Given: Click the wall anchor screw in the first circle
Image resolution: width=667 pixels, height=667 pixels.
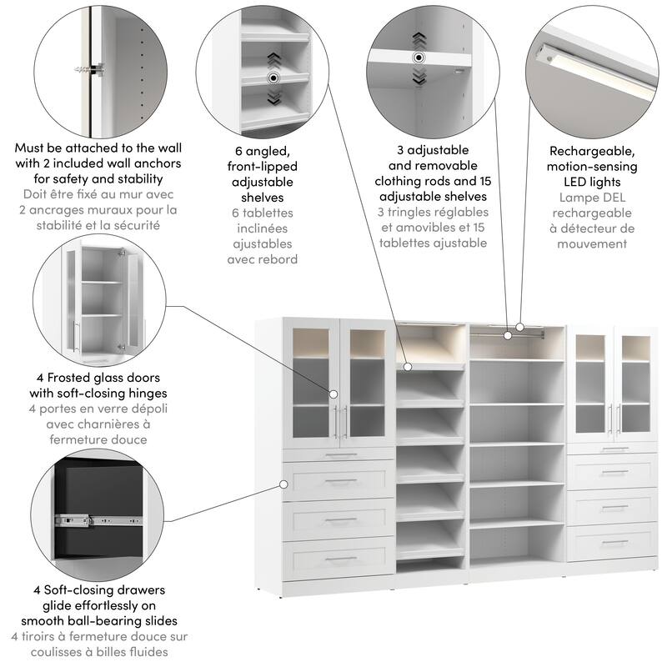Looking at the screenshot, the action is point(90,70).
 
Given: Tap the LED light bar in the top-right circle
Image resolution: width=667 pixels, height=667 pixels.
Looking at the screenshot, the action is point(596,70).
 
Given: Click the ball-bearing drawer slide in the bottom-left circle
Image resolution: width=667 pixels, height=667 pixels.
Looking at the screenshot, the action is point(98,520).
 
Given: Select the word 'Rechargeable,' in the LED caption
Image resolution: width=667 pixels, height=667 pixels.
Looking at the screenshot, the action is point(592,152).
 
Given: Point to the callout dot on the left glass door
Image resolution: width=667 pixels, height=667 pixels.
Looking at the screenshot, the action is point(333,394).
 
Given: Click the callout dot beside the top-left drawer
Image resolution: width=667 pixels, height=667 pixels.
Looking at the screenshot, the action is point(283,484).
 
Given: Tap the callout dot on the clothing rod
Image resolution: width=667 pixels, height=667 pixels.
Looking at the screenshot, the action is point(508,335).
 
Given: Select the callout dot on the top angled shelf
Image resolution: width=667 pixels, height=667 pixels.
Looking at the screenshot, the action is point(408,366).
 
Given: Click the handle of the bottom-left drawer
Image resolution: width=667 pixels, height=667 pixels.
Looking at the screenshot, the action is point(341,559).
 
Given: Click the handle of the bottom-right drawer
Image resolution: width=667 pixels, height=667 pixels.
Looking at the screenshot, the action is point(614,542).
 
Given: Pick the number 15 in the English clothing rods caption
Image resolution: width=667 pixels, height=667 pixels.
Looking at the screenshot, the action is point(485,181).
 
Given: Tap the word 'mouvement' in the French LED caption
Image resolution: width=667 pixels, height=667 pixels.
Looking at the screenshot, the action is point(592,244).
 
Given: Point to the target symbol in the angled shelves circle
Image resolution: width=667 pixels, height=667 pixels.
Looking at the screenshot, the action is point(273,78).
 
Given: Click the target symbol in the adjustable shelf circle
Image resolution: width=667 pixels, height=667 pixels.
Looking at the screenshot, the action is point(419,58).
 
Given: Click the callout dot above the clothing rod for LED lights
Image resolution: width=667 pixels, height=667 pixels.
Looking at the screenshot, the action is point(519,327).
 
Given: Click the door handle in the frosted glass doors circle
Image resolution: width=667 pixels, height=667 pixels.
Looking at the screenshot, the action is point(77,336).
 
